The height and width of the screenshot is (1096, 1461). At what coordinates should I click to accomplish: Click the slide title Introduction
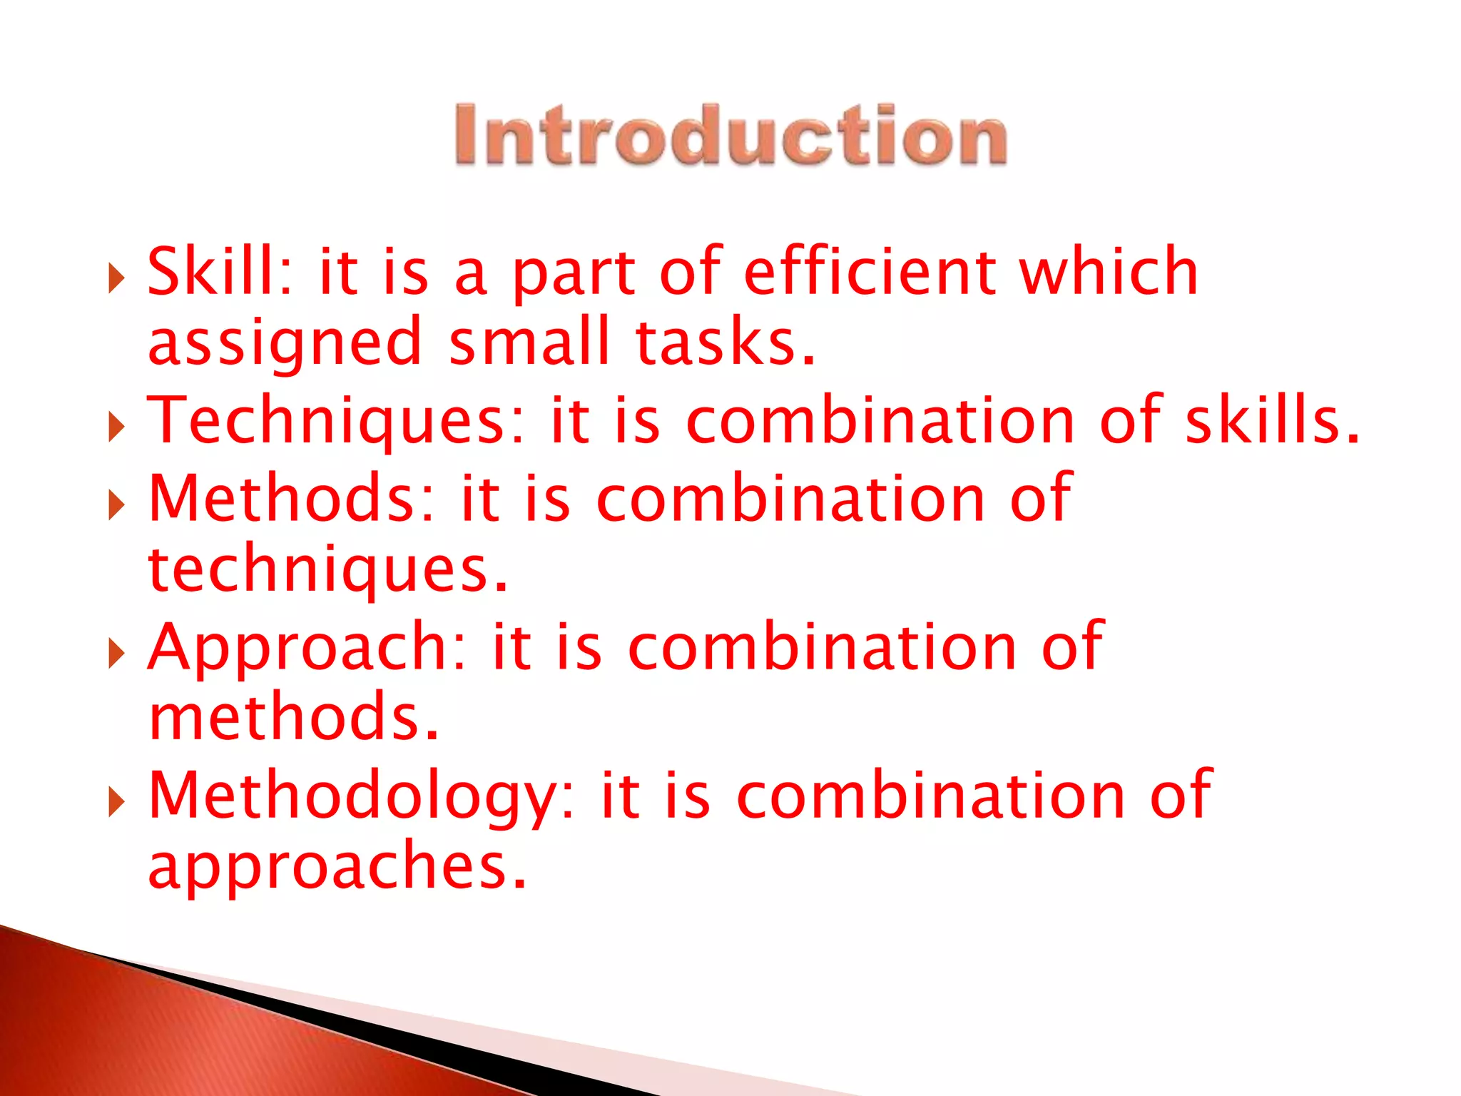click(x=730, y=136)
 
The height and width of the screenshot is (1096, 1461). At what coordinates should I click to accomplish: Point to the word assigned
click(x=285, y=345)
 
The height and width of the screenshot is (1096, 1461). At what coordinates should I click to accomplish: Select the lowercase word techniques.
click(x=328, y=571)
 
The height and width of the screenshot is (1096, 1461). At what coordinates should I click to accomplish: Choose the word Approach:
click(x=307, y=647)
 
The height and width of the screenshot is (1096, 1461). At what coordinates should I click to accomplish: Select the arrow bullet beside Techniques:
click(x=116, y=428)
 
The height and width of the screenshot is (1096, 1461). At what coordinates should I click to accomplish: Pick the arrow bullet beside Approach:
click(x=116, y=654)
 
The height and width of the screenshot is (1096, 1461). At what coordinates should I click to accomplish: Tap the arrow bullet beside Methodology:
click(x=116, y=803)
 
